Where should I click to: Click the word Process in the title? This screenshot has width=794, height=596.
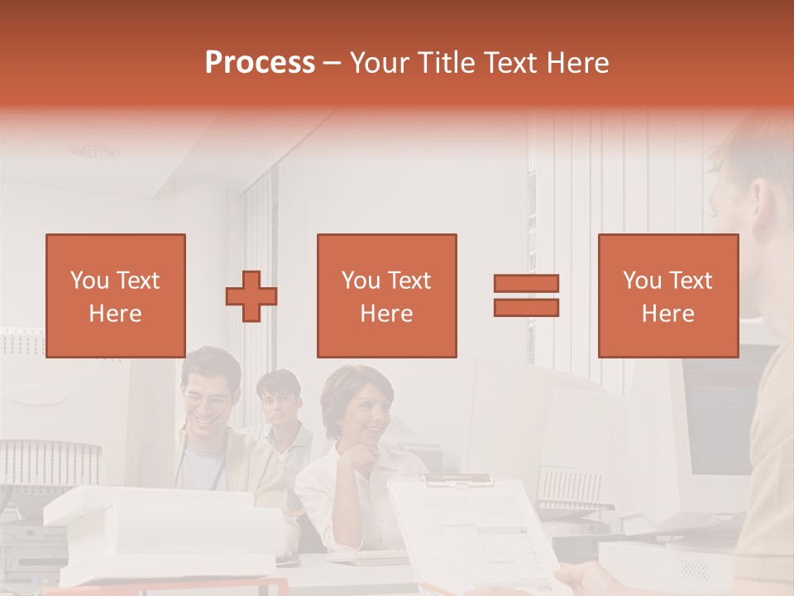coord(260,63)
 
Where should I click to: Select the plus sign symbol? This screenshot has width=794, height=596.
coord(251,296)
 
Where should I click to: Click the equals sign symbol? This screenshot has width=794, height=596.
coord(526,296)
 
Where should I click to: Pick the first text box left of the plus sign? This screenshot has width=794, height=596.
coord(115,296)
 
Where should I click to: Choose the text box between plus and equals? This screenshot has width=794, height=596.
coord(386,296)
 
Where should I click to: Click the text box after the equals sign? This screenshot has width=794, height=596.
coord(667,296)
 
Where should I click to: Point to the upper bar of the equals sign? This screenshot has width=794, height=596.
coord(526,283)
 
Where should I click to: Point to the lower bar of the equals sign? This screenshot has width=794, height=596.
coord(526,308)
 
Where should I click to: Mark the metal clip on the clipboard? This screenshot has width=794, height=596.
coord(468,480)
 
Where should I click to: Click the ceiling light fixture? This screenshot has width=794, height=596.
coord(94,151)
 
